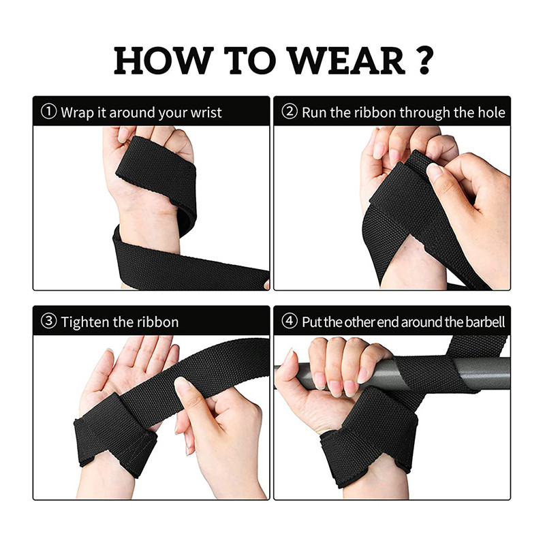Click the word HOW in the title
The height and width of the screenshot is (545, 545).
click(163, 61)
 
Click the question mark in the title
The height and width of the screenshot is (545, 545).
click(424, 60)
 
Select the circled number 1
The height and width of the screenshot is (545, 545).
click(48, 112)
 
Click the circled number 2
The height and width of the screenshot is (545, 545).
click(290, 112)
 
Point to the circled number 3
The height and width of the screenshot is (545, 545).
click(48, 322)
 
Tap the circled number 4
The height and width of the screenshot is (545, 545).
click(290, 322)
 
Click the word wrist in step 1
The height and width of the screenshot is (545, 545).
click(206, 112)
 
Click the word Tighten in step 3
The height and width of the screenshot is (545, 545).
click(85, 322)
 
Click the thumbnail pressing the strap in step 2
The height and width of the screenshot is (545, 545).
click(435, 171)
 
